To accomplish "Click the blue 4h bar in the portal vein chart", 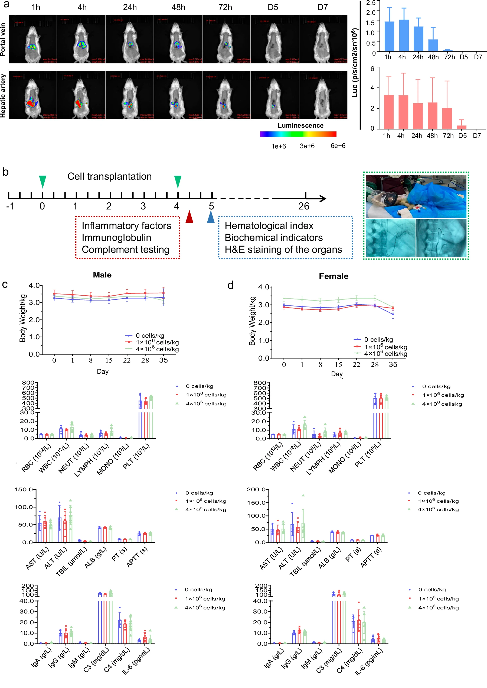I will [x=404, y=35].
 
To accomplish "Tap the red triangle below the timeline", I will [x=189, y=217].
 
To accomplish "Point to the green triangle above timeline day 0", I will [x=43, y=181].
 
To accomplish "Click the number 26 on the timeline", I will [x=303, y=206].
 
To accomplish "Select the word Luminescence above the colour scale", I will [x=300, y=125].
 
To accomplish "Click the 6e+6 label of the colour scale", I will [x=338, y=146].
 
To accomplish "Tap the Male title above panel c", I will [x=102, y=275].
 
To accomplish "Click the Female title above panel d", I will [x=334, y=276].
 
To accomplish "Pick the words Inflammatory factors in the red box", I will [x=126, y=226].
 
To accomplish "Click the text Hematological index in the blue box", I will [x=269, y=226].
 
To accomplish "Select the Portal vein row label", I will [x=3, y=39].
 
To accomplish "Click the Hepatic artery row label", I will [x=3, y=95].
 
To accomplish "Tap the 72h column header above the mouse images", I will [x=225, y=7].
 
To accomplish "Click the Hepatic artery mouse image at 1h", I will [x=32, y=95].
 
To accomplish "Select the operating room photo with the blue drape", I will [x=416, y=196].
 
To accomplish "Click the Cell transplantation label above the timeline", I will [x=109, y=176].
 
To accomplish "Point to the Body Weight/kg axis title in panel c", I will [x=23, y=318].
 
